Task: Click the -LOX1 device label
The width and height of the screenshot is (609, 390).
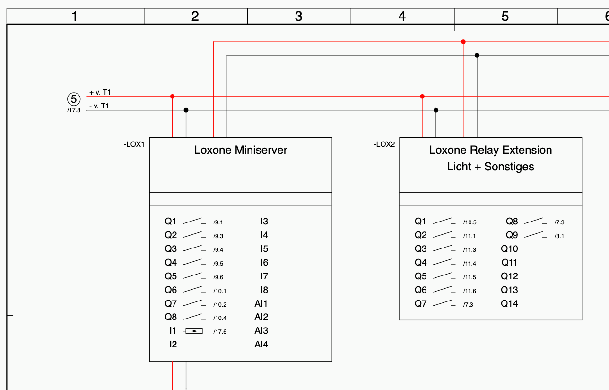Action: click(x=134, y=144)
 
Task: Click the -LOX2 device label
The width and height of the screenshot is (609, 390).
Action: click(x=384, y=144)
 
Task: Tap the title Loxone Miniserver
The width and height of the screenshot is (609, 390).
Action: click(x=241, y=150)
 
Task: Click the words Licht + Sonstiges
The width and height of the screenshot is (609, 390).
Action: click(x=490, y=167)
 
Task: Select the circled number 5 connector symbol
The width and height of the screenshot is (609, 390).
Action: click(x=74, y=99)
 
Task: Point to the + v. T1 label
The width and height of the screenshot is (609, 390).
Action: click(x=100, y=92)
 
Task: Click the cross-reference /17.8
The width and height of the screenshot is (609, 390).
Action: click(x=74, y=110)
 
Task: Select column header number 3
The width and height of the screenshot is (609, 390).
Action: click(x=298, y=17)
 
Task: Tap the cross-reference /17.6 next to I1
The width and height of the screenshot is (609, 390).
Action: click(x=220, y=331)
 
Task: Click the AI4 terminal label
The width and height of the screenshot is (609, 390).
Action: click(x=261, y=344)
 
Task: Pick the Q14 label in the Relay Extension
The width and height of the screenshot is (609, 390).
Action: click(x=509, y=303)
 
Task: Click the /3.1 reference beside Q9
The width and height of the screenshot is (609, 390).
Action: click(x=559, y=236)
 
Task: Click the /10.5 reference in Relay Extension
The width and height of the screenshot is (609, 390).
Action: click(x=470, y=222)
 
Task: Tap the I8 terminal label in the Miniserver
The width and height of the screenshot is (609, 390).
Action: click(x=264, y=290)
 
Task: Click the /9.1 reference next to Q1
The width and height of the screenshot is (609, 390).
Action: click(x=218, y=222)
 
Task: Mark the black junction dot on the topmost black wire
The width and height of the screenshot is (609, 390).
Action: click(x=477, y=55)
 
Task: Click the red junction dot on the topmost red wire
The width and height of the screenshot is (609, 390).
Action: click(x=463, y=42)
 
